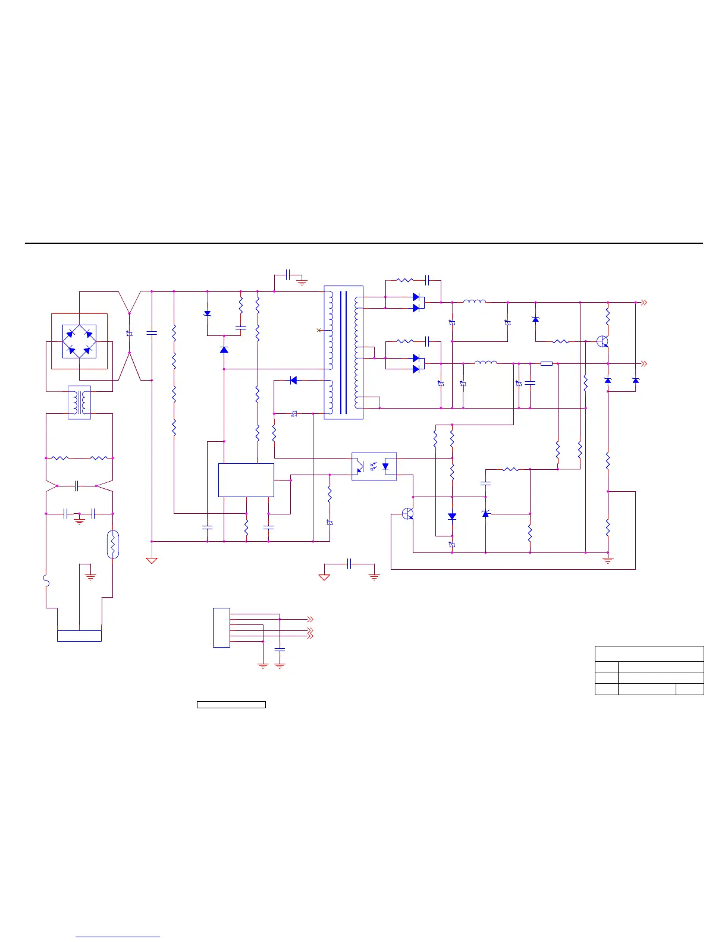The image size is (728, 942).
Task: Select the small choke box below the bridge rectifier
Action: (x=79, y=403)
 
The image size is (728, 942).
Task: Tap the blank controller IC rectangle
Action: (x=246, y=480)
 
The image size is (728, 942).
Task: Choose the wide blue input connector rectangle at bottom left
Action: (x=79, y=636)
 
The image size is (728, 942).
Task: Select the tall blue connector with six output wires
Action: (x=221, y=627)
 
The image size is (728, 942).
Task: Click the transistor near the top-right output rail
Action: (x=603, y=341)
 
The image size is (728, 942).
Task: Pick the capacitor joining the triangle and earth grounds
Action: (x=349, y=564)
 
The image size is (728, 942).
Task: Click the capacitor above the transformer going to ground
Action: (x=288, y=275)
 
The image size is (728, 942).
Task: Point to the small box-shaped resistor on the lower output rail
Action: (x=546, y=363)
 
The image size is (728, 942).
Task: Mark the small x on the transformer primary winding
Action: (x=319, y=330)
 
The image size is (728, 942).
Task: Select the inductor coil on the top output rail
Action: (x=474, y=302)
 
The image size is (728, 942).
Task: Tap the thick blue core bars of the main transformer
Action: (x=343, y=352)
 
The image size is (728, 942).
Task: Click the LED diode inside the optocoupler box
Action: (x=385, y=466)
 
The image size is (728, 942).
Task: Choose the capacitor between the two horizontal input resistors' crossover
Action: (x=76, y=486)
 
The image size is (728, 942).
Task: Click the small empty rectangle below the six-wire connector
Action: (x=231, y=705)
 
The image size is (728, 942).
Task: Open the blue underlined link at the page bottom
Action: (x=118, y=937)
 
